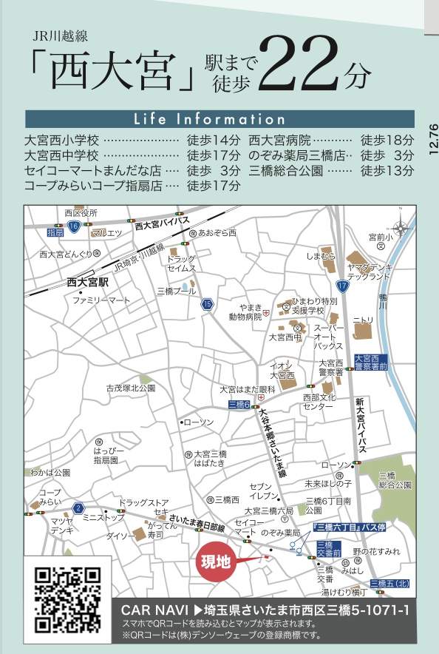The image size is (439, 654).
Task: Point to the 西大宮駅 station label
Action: (x=87, y=283)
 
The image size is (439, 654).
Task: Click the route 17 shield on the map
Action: (x=342, y=285)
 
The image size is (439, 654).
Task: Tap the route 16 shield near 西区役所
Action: (x=72, y=225)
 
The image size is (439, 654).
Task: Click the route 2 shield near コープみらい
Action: (x=78, y=508)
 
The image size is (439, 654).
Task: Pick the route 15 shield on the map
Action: (x=208, y=303)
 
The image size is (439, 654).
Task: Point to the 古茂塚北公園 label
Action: (x=130, y=388)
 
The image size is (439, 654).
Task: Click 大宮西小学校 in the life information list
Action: (x=61, y=139)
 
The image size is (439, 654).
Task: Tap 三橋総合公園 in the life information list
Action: (x=286, y=170)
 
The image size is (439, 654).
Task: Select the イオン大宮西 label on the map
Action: (x=282, y=371)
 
